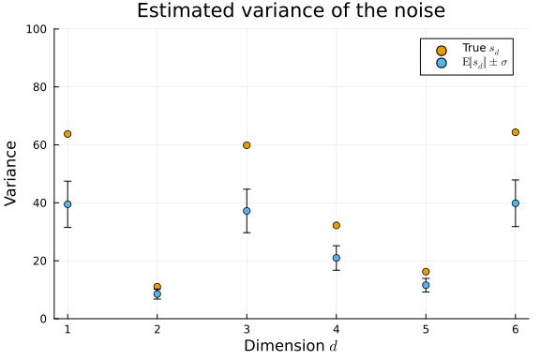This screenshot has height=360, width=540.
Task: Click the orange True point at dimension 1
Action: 67,134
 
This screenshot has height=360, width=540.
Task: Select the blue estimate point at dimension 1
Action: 67,204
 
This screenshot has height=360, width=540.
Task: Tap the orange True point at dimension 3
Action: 247,145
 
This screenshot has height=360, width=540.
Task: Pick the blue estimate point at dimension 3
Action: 247,211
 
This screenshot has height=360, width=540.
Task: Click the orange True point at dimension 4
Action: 336,225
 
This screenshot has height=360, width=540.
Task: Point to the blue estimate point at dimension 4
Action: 336,258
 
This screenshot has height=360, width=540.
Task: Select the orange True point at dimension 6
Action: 516,132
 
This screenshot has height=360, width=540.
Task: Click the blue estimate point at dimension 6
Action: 516,203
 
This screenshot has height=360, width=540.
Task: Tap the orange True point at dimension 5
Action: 426,272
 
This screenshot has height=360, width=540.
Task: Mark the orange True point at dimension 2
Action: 157,287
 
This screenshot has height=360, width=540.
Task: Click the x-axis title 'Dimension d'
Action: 292,346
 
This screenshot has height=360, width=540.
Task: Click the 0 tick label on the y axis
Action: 47,319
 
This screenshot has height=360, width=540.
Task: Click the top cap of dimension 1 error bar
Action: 67,181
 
